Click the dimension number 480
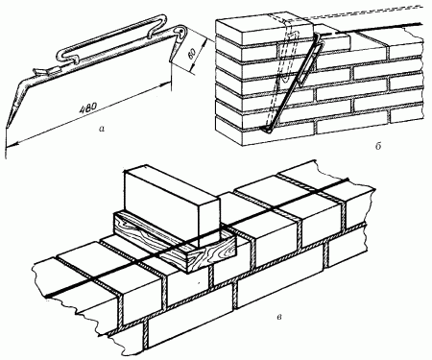pos(87,108)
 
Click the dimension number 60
pos(191,54)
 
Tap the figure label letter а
pos(102,129)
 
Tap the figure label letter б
pos(378,146)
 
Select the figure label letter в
pos(279,317)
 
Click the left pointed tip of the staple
pos(7,127)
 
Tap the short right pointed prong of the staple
pos(173,51)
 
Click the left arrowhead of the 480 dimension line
pos(9,145)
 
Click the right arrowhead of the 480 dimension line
pos(165,84)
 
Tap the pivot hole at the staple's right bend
pos(181,31)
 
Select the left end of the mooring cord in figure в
pos(47,295)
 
